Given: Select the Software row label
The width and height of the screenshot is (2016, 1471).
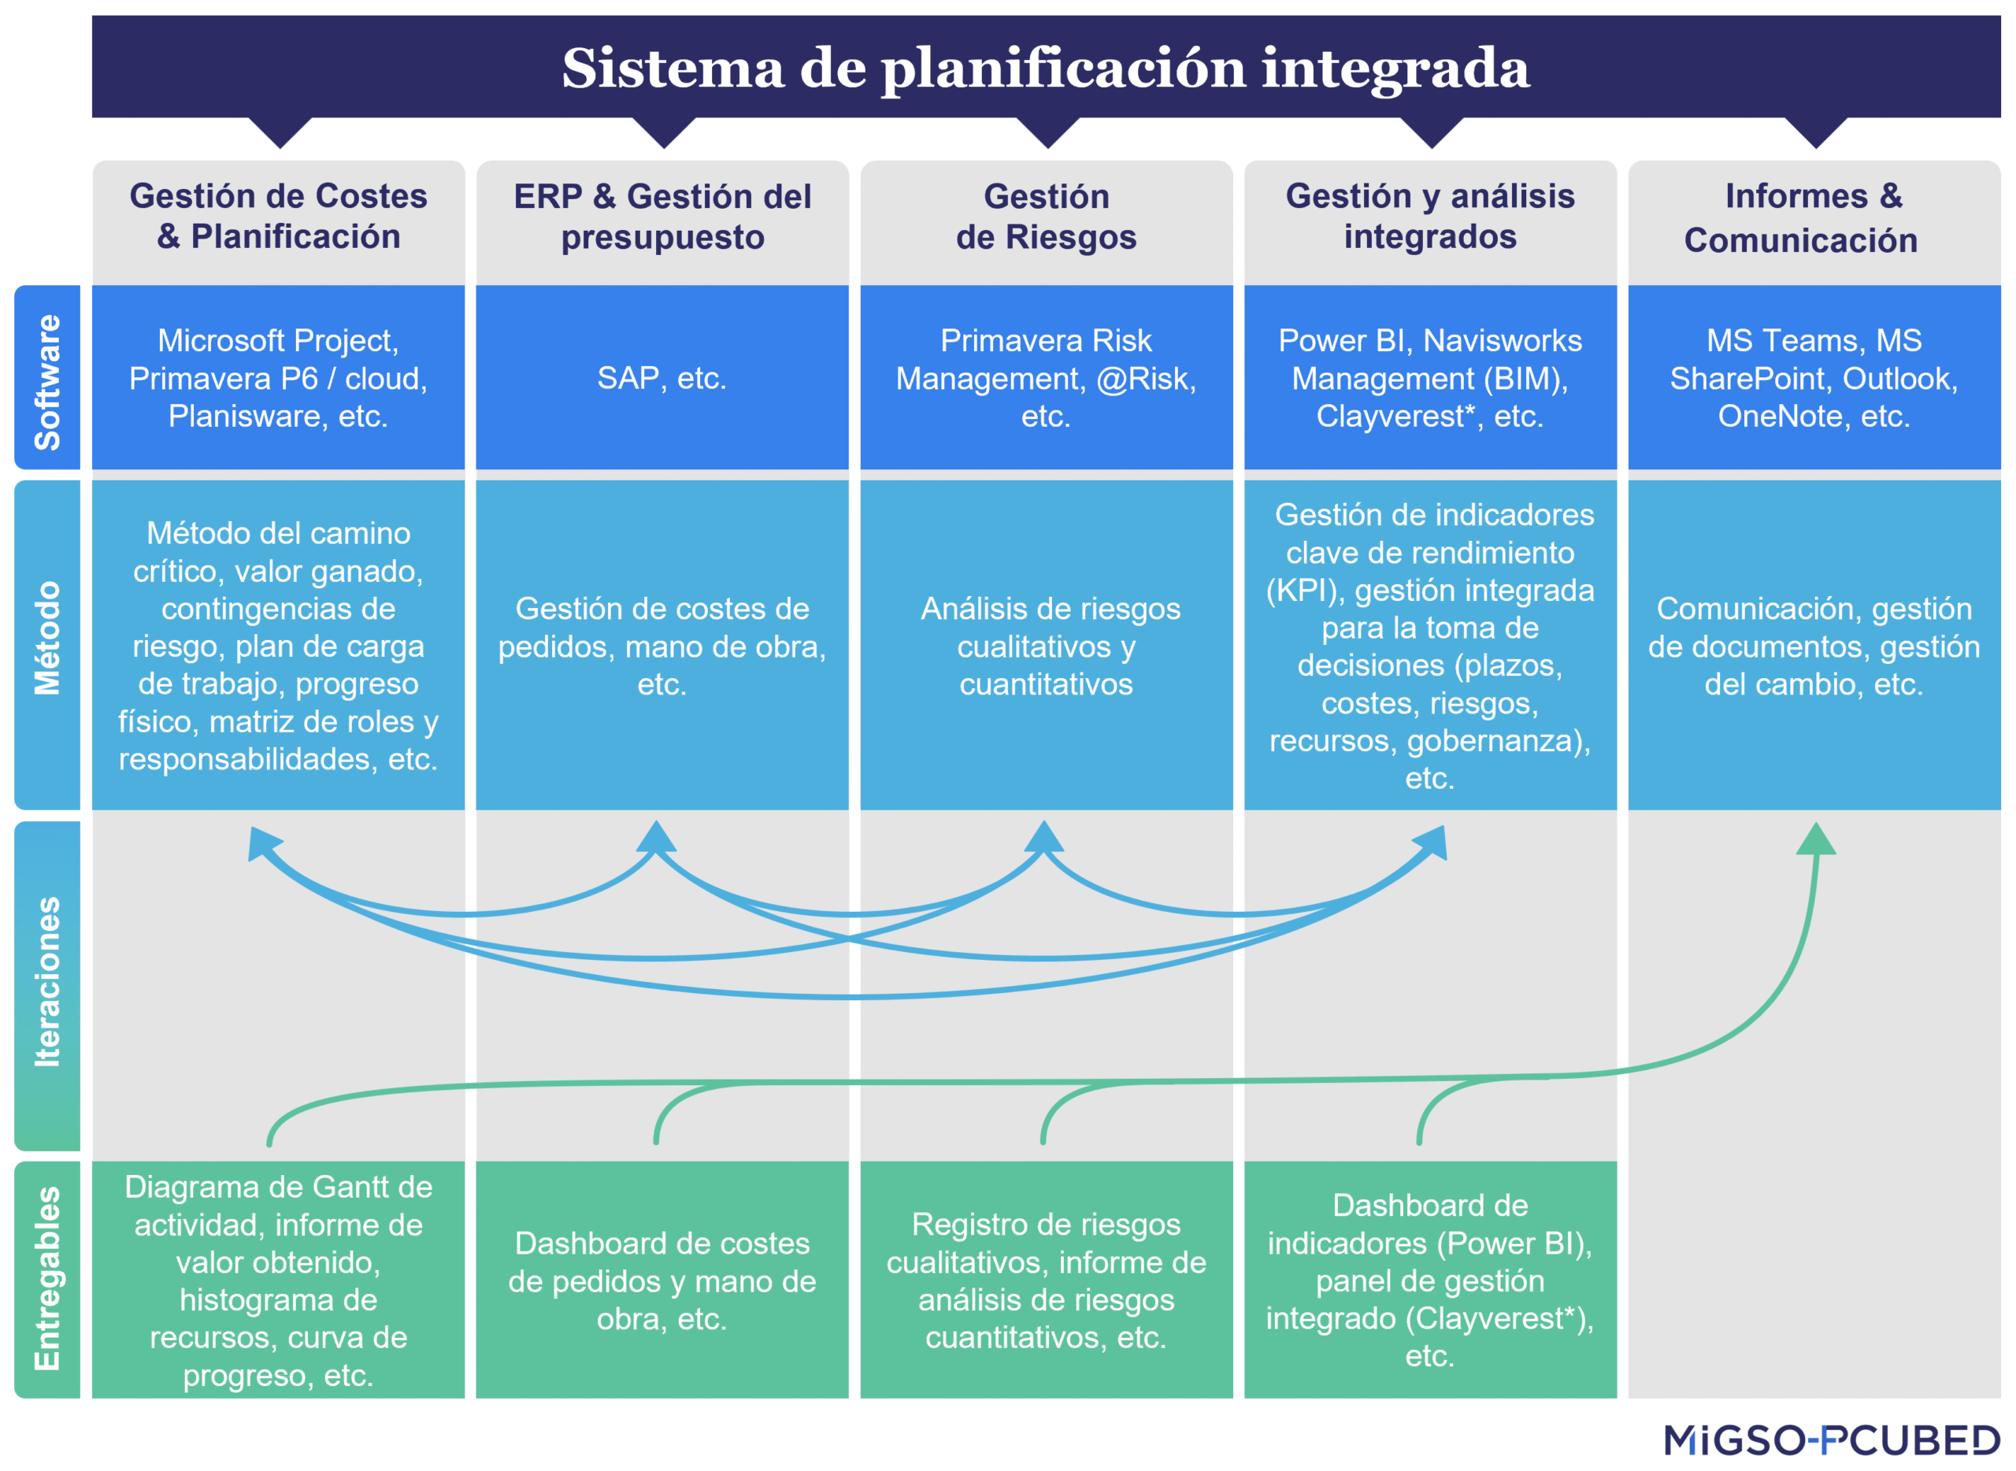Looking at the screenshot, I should click(47, 381).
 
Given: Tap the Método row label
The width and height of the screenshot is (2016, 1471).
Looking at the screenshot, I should click(47, 638).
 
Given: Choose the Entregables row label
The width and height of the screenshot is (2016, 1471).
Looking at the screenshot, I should click(47, 1279).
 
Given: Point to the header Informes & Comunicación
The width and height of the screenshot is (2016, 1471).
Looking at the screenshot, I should click(1813, 217).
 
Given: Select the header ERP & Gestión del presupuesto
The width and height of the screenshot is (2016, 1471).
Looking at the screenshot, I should click(661, 217).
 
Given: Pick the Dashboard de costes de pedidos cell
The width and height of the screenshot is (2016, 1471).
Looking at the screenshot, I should click(661, 1280).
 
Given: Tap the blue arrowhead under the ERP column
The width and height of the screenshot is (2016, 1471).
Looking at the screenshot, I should click(656, 837).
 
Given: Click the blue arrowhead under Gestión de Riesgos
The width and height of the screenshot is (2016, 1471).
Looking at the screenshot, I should click(1043, 837).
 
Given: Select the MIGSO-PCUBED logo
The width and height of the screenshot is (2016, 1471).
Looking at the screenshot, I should click(1831, 1440).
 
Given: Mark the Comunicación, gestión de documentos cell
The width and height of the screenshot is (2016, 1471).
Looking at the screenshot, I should click(1813, 646).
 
